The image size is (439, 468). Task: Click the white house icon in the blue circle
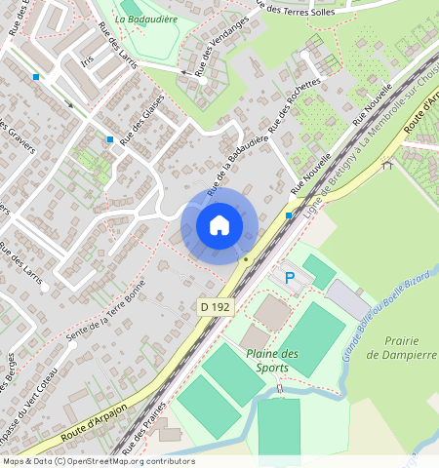219,225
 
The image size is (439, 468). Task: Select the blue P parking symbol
289,278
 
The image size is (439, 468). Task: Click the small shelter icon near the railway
387,164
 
